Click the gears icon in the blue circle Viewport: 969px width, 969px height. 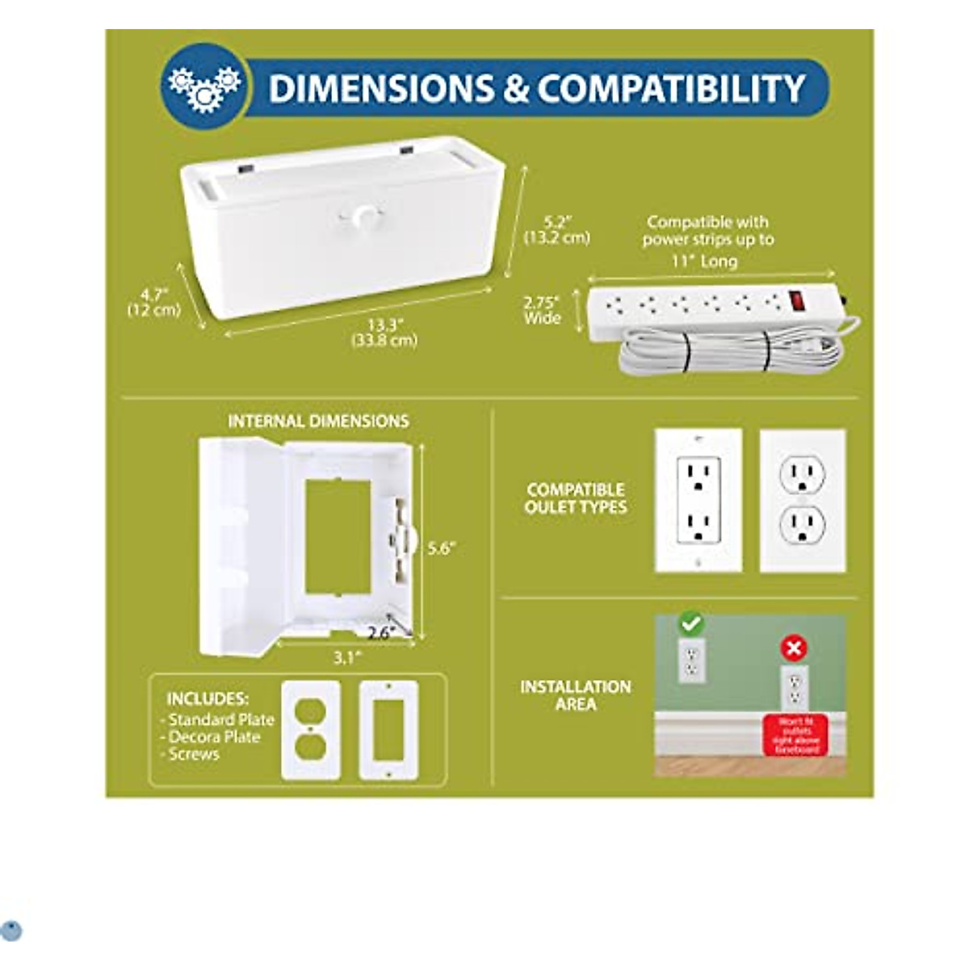pyautogui.click(x=203, y=87)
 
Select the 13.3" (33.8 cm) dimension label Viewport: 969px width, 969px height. pyautogui.click(x=384, y=333)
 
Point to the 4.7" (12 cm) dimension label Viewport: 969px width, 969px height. pyautogui.click(x=153, y=303)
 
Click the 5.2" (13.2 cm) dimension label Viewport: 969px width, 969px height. pyautogui.click(x=556, y=229)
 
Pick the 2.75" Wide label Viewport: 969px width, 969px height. pyautogui.click(x=541, y=310)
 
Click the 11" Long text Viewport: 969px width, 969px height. pyautogui.click(x=704, y=261)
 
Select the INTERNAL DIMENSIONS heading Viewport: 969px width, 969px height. pyautogui.click(x=318, y=421)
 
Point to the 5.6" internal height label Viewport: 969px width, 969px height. pyautogui.click(x=442, y=549)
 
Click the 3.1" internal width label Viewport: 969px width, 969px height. pyautogui.click(x=346, y=657)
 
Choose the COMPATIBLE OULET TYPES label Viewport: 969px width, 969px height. pyautogui.click(x=576, y=498)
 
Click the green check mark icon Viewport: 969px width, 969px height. pyautogui.click(x=691, y=623)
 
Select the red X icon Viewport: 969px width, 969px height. pyautogui.click(x=795, y=648)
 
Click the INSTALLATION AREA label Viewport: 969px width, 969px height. pyautogui.click(x=576, y=695)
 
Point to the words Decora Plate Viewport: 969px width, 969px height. pyautogui.click(x=215, y=737)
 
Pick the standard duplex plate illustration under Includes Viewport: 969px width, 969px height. pyautogui.click(x=311, y=731)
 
